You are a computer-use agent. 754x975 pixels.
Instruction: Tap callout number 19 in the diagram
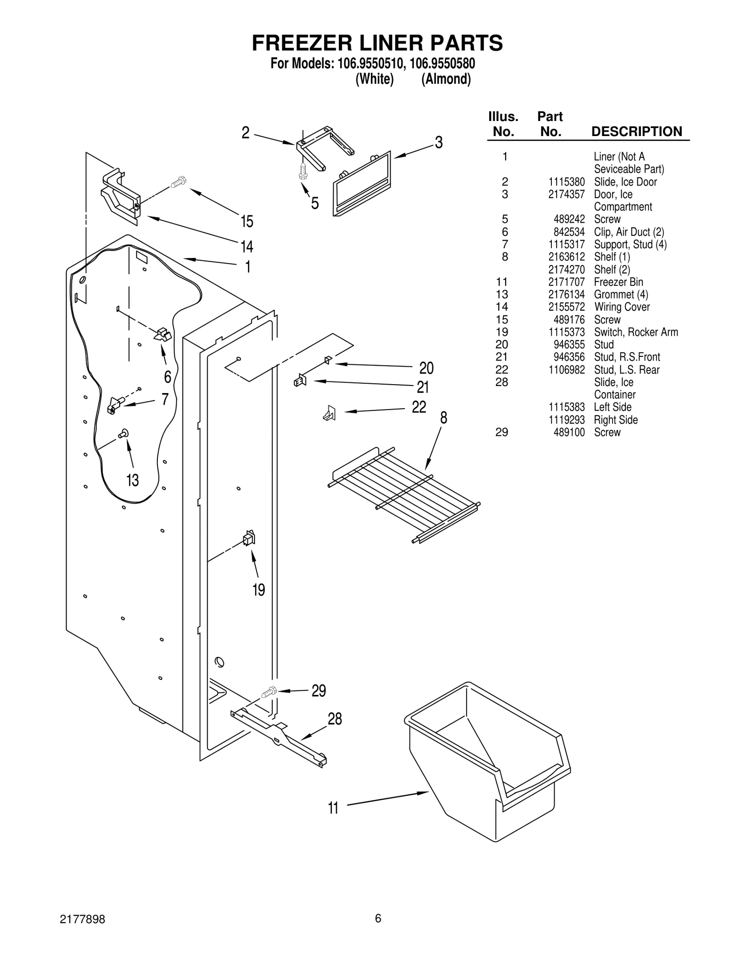[x=259, y=589]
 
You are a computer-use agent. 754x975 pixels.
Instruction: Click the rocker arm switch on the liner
[x=249, y=538]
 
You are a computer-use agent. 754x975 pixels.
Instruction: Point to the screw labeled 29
[x=269, y=693]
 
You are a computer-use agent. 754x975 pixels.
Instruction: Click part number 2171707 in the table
[x=566, y=282]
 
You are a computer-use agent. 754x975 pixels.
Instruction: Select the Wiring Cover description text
[x=622, y=307]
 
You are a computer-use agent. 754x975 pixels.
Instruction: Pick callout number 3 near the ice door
[x=439, y=143]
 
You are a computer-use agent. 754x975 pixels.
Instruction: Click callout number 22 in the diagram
[x=419, y=407]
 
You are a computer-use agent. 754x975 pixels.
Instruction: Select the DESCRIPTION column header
[x=636, y=131]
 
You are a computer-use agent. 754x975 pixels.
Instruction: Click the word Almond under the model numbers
[x=446, y=79]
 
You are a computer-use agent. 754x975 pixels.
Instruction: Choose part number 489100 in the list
[x=569, y=432]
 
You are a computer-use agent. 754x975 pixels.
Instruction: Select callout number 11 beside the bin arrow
[x=333, y=808]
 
